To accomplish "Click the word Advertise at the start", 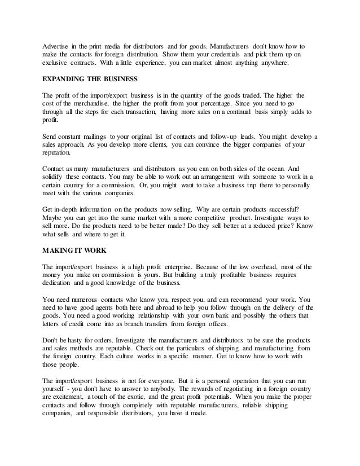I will click(x=58, y=44).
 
